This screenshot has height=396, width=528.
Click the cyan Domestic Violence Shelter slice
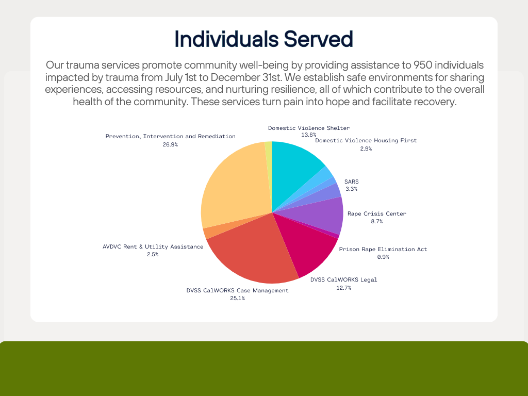294,169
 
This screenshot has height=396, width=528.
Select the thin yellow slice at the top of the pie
269,155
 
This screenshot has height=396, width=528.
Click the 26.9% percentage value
170,144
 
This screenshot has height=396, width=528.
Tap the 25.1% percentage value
237,299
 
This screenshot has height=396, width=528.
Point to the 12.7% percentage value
344,288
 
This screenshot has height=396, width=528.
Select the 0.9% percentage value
383,257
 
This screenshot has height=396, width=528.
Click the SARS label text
352,181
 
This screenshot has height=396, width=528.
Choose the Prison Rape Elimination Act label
383,249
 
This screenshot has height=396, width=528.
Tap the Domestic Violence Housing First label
366,140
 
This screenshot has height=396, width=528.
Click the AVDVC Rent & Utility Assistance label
153,246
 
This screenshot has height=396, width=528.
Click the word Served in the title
319,39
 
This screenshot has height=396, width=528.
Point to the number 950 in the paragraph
423,65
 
